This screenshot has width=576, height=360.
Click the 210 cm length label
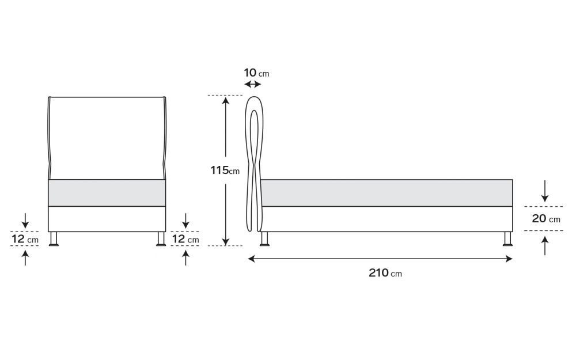pyautogui.click(x=385, y=273)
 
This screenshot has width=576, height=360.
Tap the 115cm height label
pyautogui.click(x=225, y=170)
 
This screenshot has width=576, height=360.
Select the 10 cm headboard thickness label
pyautogui.click(x=256, y=73)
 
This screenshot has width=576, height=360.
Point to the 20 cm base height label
pyautogui.click(x=546, y=218)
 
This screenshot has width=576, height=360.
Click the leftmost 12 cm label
pyautogui.click(x=25, y=239)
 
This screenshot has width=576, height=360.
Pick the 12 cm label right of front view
pyautogui.click(x=185, y=239)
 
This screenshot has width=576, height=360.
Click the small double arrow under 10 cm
pyautogui.click(x=252, y=85)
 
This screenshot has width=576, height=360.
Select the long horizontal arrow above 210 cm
pyautogui.click(x=380, y=259)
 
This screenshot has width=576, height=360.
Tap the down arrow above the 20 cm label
pyautogui.click(x=545, y=191)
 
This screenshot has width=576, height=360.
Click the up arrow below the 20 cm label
pyautogui.click(x=545, y=246)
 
